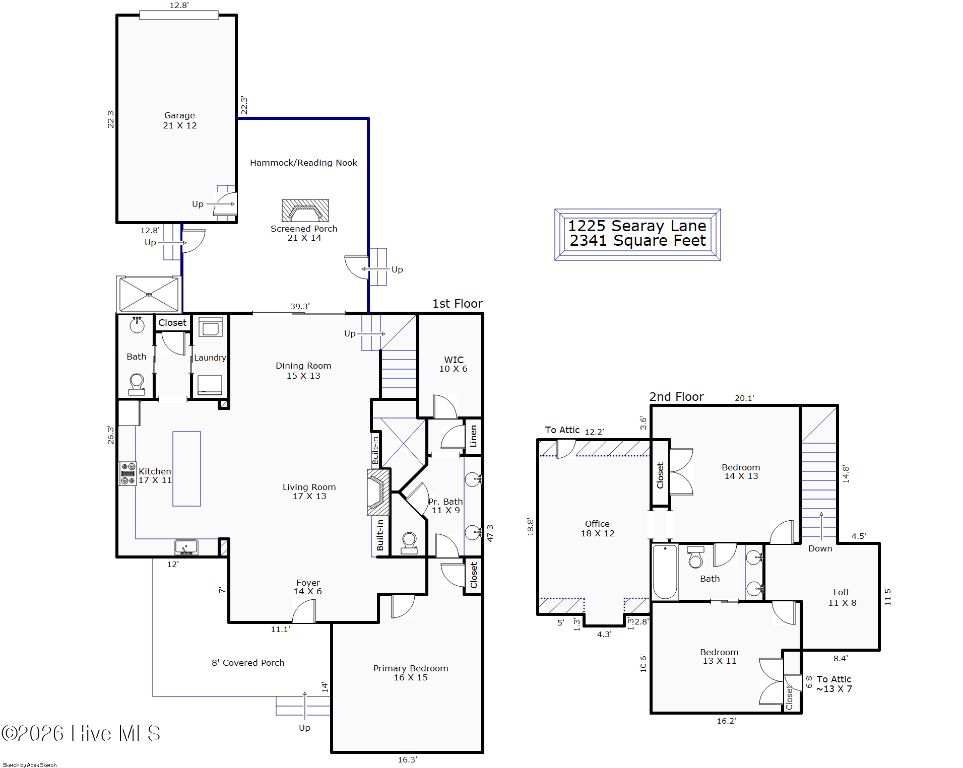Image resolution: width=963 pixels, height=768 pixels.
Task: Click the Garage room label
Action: [180, 120]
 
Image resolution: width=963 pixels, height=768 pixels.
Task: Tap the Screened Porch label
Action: [304, 233]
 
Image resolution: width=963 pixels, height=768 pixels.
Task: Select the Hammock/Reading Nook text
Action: [303, 163]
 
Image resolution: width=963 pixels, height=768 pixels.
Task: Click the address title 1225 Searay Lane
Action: [637, 226]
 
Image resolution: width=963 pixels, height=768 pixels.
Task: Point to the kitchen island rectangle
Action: [186, 468]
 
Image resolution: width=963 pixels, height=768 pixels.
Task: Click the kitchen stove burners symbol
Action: [127, 473]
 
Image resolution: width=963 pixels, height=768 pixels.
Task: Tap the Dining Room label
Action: [303, 371]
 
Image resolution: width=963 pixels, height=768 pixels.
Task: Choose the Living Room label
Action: [309, 492]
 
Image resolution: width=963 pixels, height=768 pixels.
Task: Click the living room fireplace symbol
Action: [378, 492]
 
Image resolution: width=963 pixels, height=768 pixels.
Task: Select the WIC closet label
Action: [454, 364]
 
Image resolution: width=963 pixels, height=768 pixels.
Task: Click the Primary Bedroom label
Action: [411, 673]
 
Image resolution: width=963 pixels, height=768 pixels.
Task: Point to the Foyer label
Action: [308, 587]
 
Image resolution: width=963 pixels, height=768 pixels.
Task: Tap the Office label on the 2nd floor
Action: [597, 528]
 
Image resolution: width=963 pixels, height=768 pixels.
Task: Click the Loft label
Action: [842, 597]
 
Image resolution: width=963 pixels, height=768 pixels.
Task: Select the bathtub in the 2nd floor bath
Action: [665, 572]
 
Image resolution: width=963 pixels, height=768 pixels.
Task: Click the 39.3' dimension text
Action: [300, 306]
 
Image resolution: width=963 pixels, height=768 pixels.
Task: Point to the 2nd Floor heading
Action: [676, 397]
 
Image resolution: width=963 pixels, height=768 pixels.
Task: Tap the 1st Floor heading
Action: [457, 304]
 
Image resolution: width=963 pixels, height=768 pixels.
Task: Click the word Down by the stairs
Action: [820, 548]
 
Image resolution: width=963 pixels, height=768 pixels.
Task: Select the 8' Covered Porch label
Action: [248, 663]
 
